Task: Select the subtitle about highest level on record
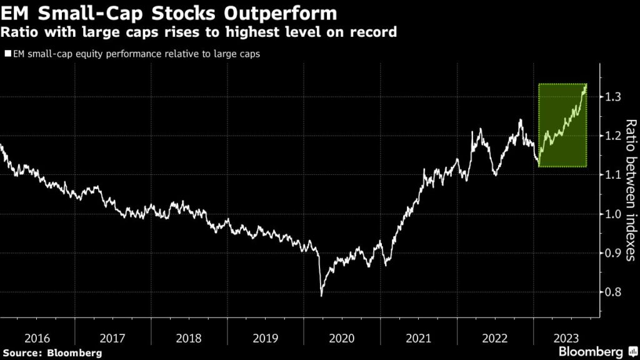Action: (x=199, y=32)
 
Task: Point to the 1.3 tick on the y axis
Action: (x=612, y=97)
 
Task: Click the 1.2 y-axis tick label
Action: (x=612, y=136)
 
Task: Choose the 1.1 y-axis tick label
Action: (x=612, y=175)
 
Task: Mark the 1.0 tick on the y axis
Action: (x=612, y=214)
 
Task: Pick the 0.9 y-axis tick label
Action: (x=612, y=253)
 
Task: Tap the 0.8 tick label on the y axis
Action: (x=612, y=292)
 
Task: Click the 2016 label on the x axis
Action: (x=37, y=338)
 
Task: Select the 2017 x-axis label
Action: (x=113, y=338)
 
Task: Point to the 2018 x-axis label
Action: (x=189, y=338)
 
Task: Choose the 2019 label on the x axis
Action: (x=266, y=338)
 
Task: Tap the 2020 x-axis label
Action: (x=342, y=338)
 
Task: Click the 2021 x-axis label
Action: (x=419, y=338)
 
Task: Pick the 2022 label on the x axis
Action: (x=495, y=338)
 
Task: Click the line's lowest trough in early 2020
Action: (x=322, y=295)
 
